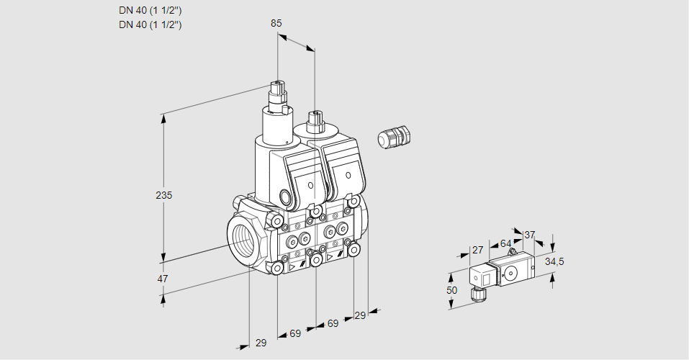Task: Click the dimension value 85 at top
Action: click(276, 23)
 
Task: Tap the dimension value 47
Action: click(163, 279)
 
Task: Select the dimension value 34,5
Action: click(554, 261)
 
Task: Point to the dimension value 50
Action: click(451, 290)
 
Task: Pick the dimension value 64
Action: click(505, 244)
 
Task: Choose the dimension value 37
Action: click(529, 235)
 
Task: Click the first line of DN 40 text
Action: click(150, 11)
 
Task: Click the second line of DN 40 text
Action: click(150, 24)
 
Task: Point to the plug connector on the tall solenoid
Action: click(277, 94)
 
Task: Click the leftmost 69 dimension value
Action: click(295, 333)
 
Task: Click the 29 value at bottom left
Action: click(261, 343)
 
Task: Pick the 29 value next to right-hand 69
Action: click(361, 315)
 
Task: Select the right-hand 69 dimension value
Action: click(333, 324)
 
